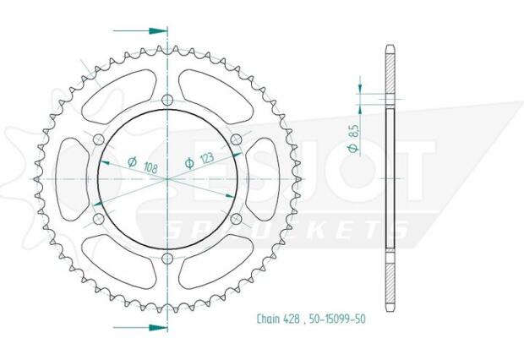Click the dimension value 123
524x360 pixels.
(205, 157)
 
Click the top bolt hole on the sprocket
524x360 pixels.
(167, 100)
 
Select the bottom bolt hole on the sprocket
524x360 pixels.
(167, 257)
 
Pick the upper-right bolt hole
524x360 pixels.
(236, 139)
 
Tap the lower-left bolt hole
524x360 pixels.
(99, 218)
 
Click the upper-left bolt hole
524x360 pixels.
(99, 139)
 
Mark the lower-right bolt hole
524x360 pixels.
(236, 218)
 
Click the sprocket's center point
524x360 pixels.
(167, 178)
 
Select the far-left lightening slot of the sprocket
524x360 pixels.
(66, 178)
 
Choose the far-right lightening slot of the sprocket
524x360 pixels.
(269, 178)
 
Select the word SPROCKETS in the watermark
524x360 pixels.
(287, 230)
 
